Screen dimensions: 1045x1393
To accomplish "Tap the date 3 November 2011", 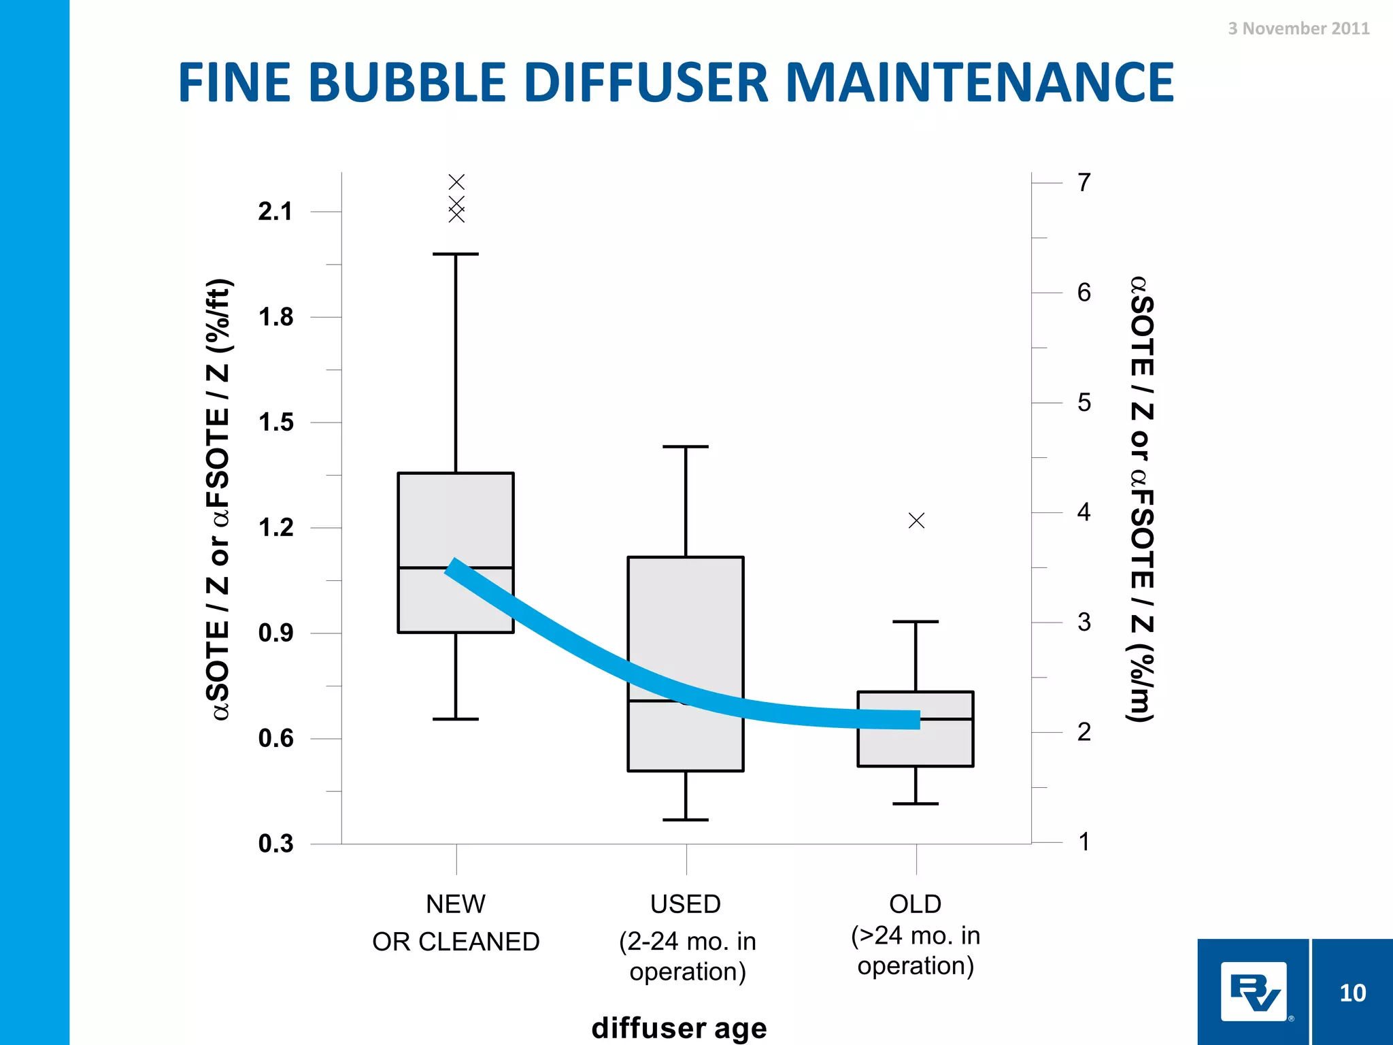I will [x=1298, y=29].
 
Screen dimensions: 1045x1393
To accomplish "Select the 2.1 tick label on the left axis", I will [x=275, y=212].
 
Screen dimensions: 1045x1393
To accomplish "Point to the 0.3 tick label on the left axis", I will [x=275, y=844].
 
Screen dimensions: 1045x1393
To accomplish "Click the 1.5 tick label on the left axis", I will [x=275, y=422].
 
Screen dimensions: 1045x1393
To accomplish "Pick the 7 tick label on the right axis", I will [x=1084, y=182].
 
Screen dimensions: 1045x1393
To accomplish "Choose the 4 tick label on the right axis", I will [x=1084, y=512].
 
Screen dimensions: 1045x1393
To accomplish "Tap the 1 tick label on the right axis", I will [x=1084, y=842].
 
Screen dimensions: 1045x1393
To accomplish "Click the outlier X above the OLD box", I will [x=916, y=520].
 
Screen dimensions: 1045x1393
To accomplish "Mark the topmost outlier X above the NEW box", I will [x=456, y=182].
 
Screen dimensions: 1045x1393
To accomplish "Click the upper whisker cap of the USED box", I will [x=686, y=447].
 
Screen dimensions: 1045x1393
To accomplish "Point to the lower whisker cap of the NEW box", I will [x=456, y=718].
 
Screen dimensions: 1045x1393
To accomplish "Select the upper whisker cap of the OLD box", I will [x=916, y=622].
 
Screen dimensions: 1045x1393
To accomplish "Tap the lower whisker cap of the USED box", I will [x=686, y=820].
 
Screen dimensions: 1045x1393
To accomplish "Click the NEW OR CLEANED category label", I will [x=456, y=923].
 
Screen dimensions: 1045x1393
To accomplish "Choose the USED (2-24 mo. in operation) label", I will [x=686, y=938].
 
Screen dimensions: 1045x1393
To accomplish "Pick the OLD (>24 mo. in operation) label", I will [x=916, y=935].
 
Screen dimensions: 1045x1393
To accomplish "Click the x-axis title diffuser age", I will [x=679, y=1027].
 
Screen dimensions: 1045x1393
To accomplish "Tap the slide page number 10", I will [x=1352, y=993].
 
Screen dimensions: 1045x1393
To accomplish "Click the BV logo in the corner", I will [x=1254, y=991].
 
